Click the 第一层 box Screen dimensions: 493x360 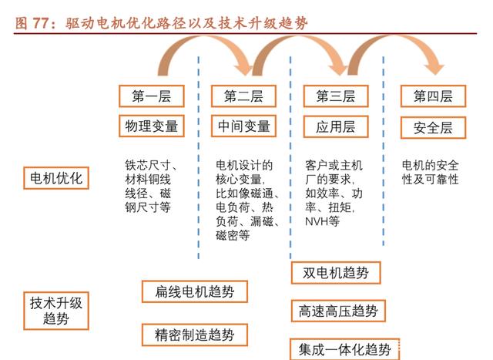(152, 96)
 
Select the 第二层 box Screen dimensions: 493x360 (243, 96)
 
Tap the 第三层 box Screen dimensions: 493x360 (336, 96)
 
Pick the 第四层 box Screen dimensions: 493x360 (433, 96)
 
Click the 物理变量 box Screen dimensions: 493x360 (152, 126)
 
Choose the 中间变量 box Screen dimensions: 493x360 (243, 126)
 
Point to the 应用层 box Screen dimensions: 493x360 (336, 127)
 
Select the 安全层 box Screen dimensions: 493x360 (433, 128)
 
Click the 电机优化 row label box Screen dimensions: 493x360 (56, 178)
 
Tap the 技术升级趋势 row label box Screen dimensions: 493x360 (56, 311)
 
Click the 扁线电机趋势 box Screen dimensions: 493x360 (195, 291)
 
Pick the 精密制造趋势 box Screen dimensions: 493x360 (195, 335)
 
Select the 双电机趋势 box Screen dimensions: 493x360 (336, 273)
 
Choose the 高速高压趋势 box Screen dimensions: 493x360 (338, 311)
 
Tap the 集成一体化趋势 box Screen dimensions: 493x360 (344, 349)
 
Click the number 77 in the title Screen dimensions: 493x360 (41, 23)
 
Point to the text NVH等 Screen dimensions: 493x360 (322, 221)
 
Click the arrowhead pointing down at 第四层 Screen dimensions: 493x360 (434, 69)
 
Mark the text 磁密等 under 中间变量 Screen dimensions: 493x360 (233, 235)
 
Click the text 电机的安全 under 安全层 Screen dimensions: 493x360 (430, 165)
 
